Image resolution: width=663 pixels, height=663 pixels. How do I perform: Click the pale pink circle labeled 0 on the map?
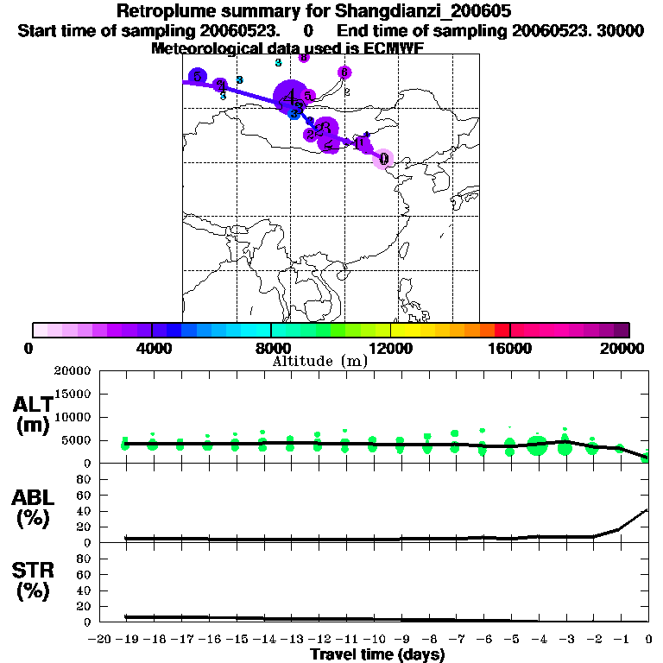(383, 159)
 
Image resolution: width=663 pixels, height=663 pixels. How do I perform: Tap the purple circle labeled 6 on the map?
(344, 73)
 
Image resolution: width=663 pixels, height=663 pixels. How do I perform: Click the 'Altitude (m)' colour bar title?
(319, 361)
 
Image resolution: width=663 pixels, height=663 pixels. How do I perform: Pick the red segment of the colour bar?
(502, 330)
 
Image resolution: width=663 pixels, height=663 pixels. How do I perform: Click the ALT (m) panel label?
(33, 415)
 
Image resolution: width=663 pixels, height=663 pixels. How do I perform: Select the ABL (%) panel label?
(33, 509)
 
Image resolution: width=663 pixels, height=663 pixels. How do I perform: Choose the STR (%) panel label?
(33, 581)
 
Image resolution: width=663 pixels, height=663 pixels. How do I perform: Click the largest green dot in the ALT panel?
(538, 446)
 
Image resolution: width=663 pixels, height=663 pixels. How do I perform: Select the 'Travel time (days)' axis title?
(377, 655)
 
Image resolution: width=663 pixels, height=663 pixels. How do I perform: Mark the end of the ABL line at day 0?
(648, 509)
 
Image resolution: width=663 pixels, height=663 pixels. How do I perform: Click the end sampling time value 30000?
(620, 30)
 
